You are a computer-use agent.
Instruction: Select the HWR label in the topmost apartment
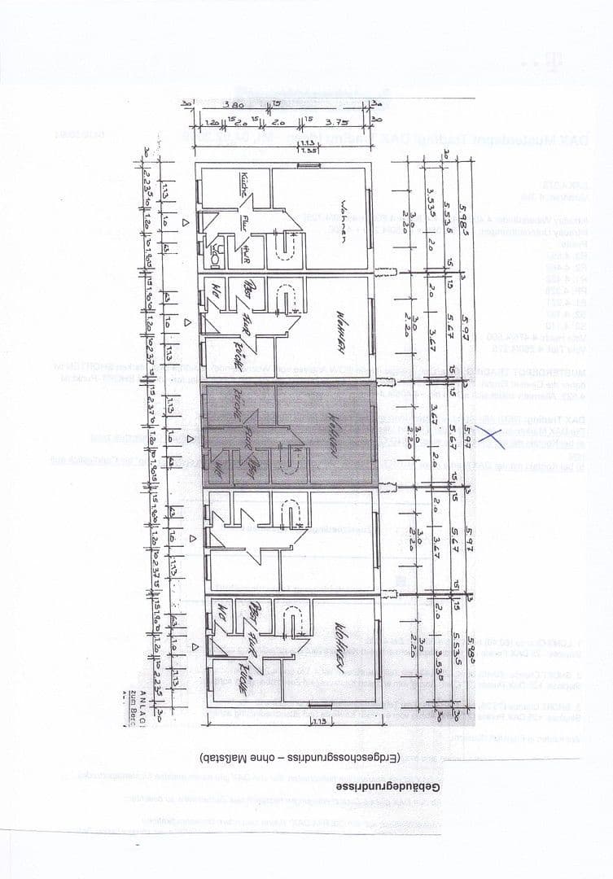pos(244,255)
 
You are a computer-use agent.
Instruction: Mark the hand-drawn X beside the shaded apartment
pos(490,433)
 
